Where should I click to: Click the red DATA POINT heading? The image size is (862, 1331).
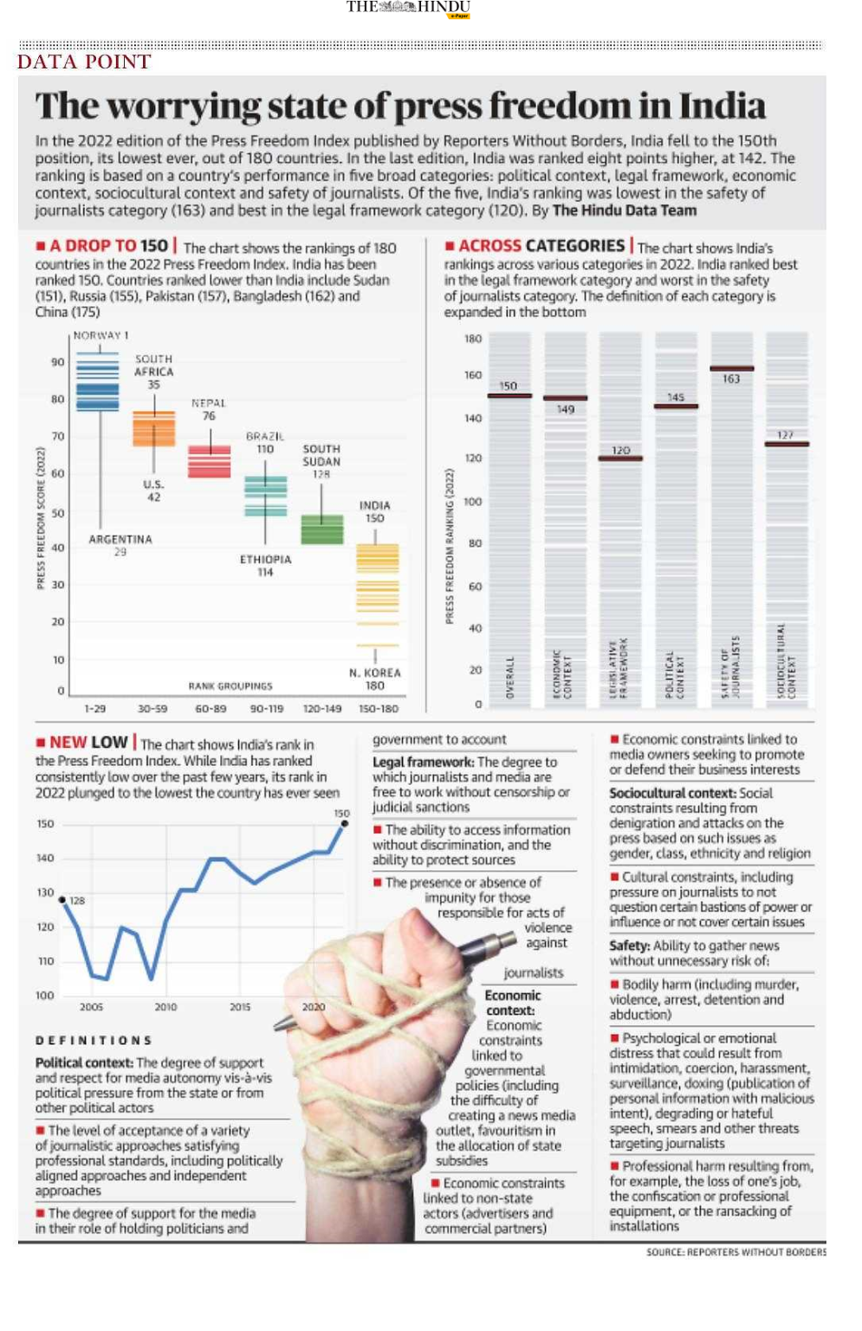(84, 62)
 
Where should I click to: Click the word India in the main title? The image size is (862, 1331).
(722, 107)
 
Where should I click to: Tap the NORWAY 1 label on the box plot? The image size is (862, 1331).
(100, 335)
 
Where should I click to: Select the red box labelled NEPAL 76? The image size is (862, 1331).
(210, 461)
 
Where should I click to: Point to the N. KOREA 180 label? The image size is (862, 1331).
(374, 678)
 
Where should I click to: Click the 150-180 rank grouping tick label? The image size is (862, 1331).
(379, 709)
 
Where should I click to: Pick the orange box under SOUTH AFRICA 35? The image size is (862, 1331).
(153, 429)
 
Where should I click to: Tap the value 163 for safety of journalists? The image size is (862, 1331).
(731, 379)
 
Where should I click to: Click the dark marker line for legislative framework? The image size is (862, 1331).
(620, 458)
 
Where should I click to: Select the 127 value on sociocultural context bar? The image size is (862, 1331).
(785, 435)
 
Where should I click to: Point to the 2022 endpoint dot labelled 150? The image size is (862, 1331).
(344, 823)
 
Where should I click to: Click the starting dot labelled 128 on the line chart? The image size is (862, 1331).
(62, 899)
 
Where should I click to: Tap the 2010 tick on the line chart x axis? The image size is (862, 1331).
(165, 1007)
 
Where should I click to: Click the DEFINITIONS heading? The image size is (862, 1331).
(94, 1040)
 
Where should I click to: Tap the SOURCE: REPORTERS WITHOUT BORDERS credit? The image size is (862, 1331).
(736, 1252)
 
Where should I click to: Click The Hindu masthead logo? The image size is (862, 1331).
(408, 8)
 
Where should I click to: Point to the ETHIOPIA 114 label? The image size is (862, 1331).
(265, 566)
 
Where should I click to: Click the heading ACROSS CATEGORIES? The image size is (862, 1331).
(541, 246)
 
